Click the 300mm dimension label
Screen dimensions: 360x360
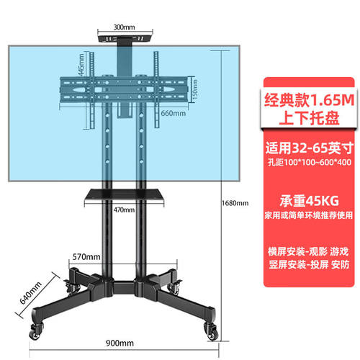(x=124, y=27)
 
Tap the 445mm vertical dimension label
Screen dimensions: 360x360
(x=81, y=65)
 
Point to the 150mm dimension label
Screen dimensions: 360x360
(x=195, y=89)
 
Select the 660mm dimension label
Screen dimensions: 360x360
(x=174, y=113)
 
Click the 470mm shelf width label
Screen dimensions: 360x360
(x=124, y=210)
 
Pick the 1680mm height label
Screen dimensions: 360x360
(x=235, y=203)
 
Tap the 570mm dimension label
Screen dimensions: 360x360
(x=86, y=257)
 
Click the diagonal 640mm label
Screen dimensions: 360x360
(x=30, y=293)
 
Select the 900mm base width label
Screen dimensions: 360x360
(x=120, y=343)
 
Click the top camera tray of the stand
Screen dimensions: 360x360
(x=125, y=38)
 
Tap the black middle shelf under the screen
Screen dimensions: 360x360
(x=124, y=194)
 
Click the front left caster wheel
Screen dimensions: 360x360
(x=35, y=332)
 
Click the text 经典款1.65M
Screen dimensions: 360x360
(x=309, y=100)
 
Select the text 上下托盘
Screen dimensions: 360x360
(x=309, y=118)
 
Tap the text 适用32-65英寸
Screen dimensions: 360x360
(x=309, y=148)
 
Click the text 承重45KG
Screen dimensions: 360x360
(x=309, y=201)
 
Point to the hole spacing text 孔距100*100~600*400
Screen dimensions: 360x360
(x=309, y=162)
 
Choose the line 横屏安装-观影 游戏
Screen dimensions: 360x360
(x=309, y=251)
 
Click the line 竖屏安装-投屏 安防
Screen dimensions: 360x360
(x=309, y=264)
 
